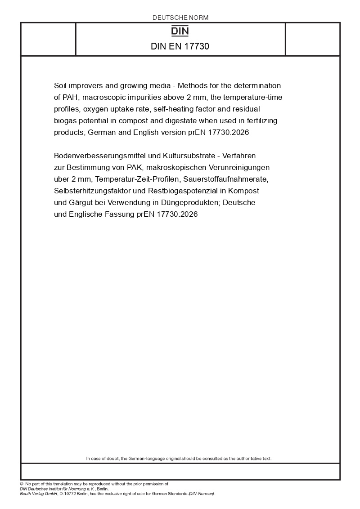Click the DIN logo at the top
pyautogui.click(x=180, y=31)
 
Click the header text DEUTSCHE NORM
pyautogui.click(x=180, y=18)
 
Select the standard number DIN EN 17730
pyautogui.click(x=180, y=46)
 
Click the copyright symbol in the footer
pyautogui.click(x=22, y=484)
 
